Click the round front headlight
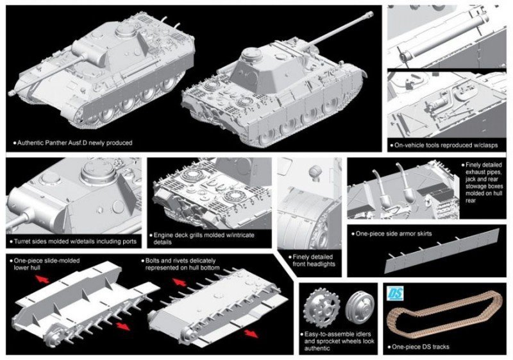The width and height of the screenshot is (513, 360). point(314,173)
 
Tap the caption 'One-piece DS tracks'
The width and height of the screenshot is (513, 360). point(423,347)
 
